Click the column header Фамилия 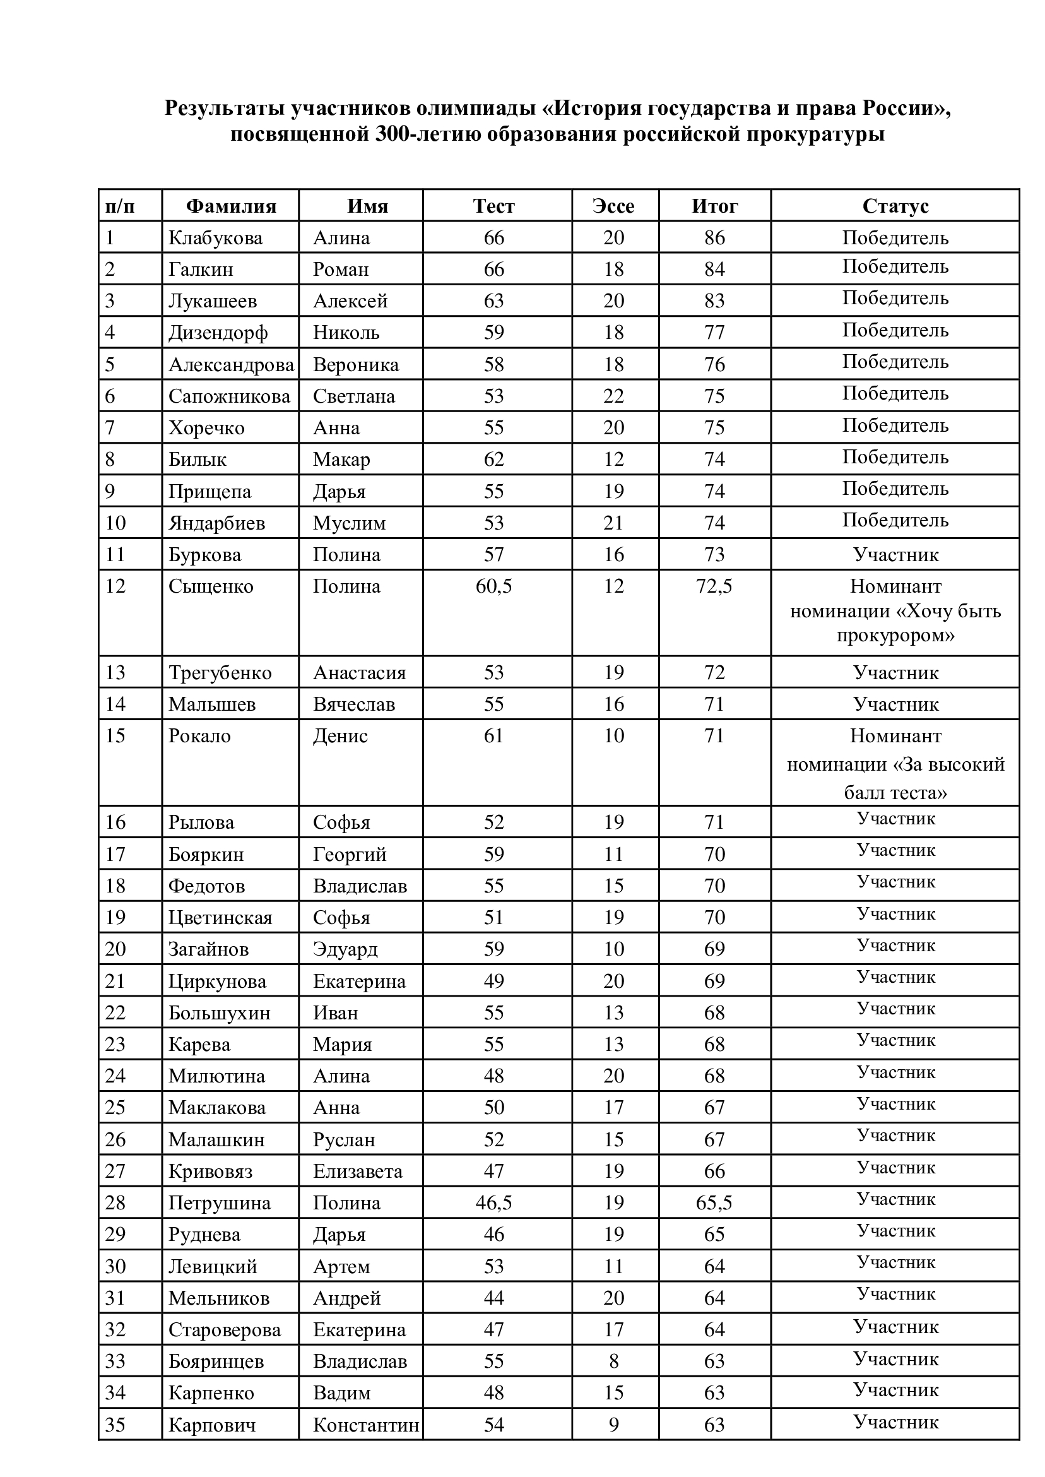[x=231, y=206]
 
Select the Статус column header [x=895, y=206]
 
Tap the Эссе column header [x=613, y=206]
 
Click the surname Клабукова [x=216, y=238]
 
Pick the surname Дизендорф [x=218, y=333]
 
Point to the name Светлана [x=354, y=396]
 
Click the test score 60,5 [x=493, y=586]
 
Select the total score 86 [x=714, y=238]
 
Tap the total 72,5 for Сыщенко [x=714, y=586]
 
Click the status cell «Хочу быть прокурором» [x=895, y=611]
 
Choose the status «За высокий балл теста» [x=895, y=764]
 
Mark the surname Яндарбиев [x=217, y=523]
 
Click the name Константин [x=366, y=1425]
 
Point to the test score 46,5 [x=493, y=1203]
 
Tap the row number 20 [x=116, y=949]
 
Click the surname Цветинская [x=221, y=918]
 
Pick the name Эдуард [x=346, y=949]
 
